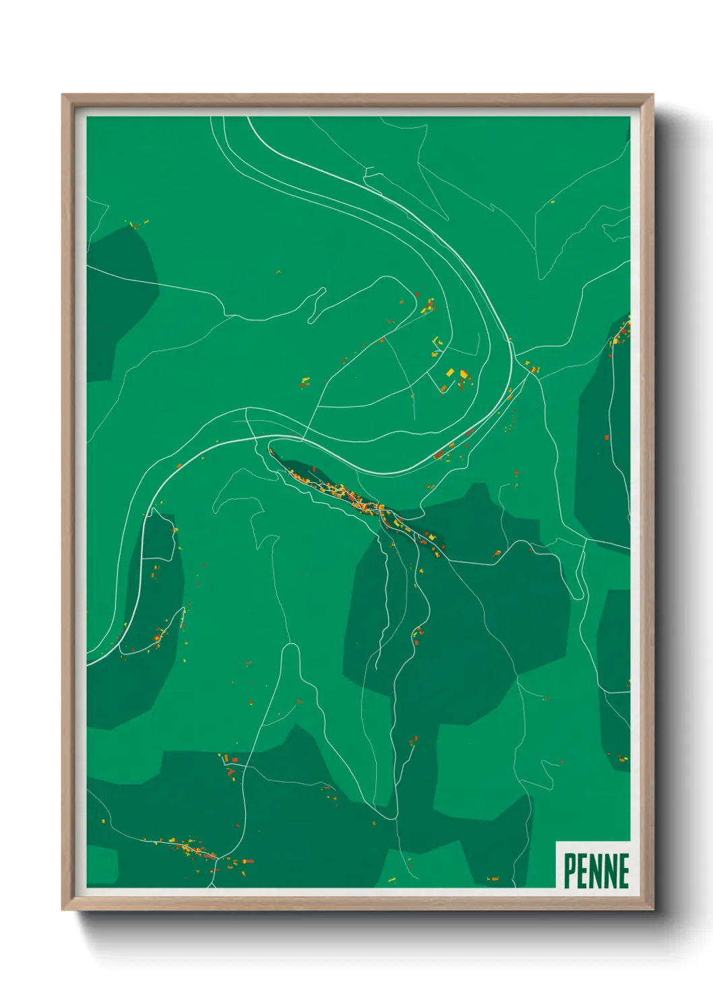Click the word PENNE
point(596,871)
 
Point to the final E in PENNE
point(623,871)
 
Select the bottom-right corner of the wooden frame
point(652,909)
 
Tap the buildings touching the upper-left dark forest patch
point(137,224)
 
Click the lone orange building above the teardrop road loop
point(278,272)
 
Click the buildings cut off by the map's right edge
point(623,332)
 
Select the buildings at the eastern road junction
point(532,368)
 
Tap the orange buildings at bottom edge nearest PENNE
point(493,879)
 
